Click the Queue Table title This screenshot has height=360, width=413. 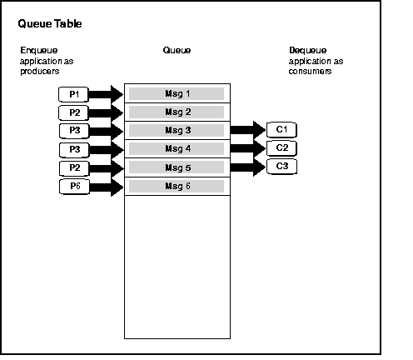point(50,24)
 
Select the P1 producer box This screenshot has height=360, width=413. point(74,93)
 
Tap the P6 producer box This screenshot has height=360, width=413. point(74,186)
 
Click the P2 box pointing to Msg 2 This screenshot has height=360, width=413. point(74,112)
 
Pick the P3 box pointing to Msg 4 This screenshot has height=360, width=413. point(74,149)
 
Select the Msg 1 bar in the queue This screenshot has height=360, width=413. point(177,93)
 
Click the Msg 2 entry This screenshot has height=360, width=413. point(177,112)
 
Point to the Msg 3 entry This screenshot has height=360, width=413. point(177,130)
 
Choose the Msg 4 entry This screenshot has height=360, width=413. point(177,148)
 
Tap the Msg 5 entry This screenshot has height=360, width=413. point(177,167)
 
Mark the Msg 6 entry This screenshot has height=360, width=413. point(177,186)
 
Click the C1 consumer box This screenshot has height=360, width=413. point(281,129)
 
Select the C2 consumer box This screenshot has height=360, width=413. point(281,147)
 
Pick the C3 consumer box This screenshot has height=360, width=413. point(281,167)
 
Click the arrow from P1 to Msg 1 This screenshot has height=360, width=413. point(107,93)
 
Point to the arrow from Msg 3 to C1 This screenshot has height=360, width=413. point(248,129)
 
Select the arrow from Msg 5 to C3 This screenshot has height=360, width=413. point(248,167)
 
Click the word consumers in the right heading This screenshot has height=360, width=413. point(311,72)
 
